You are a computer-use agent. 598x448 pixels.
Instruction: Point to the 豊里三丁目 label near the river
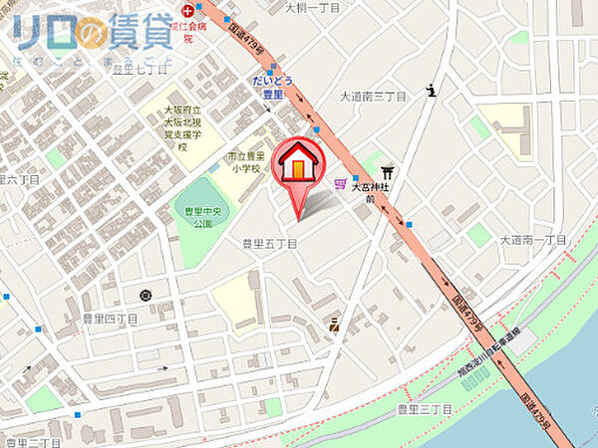(x=425, y=409)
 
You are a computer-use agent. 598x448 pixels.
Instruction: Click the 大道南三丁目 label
(x=374, y=97)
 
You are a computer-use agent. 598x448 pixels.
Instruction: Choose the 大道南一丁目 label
(x=532, y=240)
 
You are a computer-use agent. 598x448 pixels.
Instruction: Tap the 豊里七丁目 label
(x=140, y=69)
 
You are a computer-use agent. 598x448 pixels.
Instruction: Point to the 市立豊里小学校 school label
(x=243, y=162)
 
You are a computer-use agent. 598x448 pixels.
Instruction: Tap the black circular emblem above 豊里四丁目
(x=147, y=295)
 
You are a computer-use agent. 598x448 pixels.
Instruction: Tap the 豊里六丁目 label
(x=22, y=180)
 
